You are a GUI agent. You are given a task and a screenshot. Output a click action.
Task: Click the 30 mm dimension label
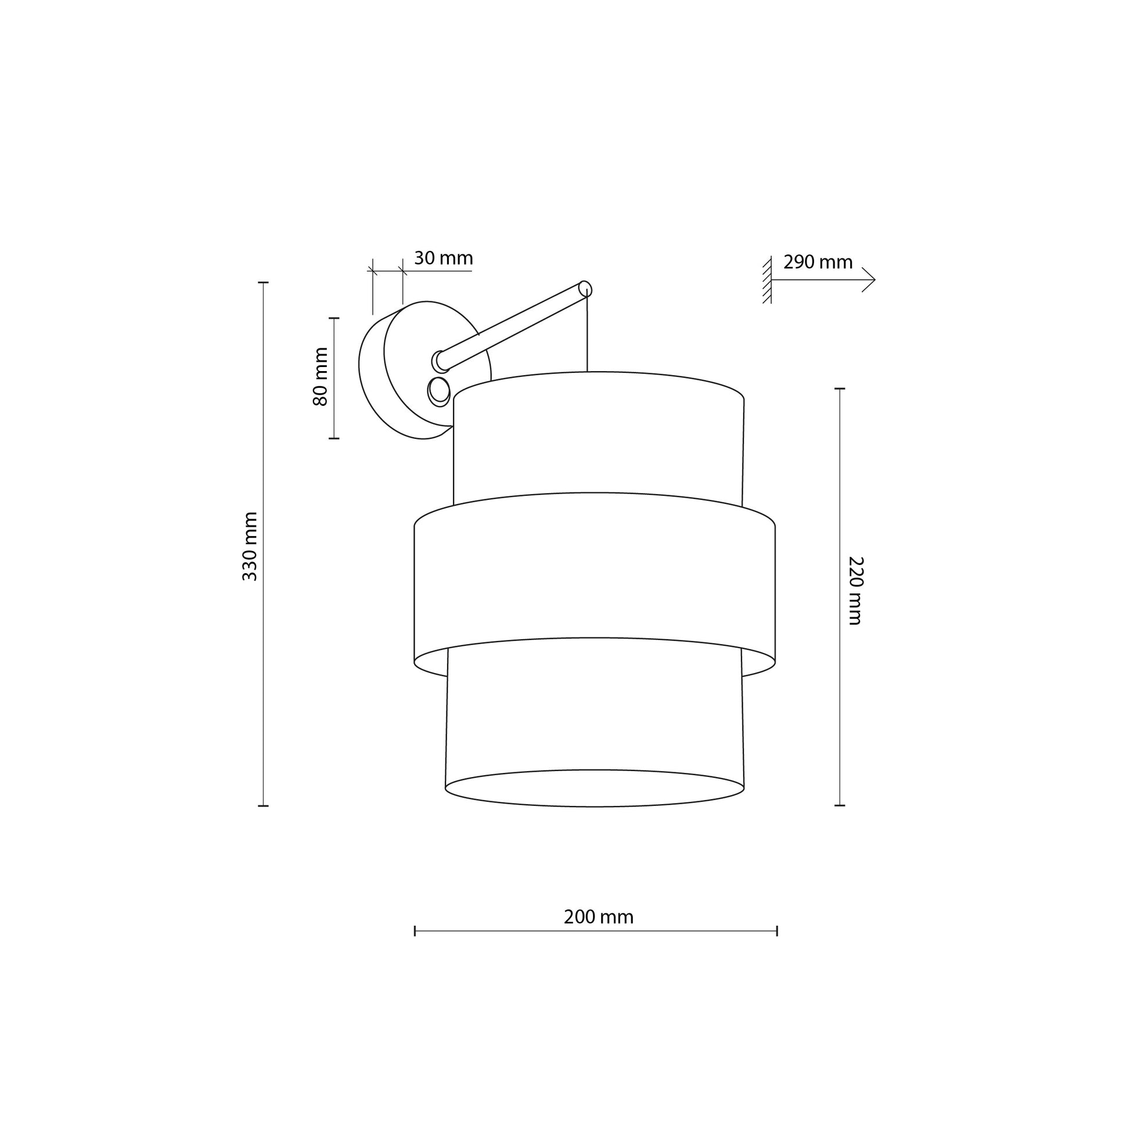(442, 258)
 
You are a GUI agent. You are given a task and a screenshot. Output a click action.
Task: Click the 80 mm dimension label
(321, 377)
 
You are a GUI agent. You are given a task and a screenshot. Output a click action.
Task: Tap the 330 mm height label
(250, 546)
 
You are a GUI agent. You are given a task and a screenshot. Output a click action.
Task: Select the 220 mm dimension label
(856, 591)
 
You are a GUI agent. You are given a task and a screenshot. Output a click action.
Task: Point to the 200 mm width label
(598, 916)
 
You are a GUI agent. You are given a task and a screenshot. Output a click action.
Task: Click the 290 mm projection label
(818, 262)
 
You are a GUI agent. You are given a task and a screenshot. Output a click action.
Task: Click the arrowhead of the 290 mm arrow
(871, 279)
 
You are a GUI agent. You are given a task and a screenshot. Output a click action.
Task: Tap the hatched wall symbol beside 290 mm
(766, 280)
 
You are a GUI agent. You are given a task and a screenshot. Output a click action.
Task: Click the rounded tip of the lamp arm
(585, 289)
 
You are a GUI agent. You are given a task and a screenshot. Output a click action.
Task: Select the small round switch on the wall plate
(439, 390)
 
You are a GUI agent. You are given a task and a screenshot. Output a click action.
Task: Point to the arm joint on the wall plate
(439, 361)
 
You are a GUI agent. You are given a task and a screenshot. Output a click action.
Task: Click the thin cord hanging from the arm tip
(586, 333)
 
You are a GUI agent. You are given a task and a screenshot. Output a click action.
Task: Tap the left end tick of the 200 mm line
(415, 931)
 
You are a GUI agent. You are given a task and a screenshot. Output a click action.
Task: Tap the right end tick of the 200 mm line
(777, 931)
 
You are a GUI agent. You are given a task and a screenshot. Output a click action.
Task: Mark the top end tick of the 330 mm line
(264, 282)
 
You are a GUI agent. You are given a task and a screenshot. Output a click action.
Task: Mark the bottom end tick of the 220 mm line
(840, 805)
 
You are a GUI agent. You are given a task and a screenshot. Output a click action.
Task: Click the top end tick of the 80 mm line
(334, 318)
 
